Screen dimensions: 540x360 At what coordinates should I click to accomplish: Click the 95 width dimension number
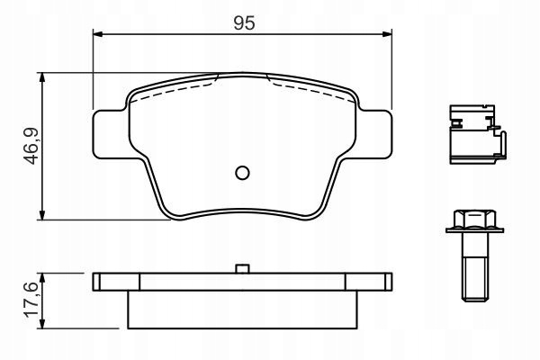[x=244, y=23]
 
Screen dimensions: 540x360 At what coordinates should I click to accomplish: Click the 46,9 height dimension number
[x=32, y=146]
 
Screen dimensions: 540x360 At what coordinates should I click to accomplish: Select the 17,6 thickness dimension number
[x=31, y=300]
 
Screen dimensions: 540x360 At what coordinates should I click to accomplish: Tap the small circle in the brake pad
[x=242, y=173]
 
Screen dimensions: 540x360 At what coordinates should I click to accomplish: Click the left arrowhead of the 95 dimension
[x=98, y=34]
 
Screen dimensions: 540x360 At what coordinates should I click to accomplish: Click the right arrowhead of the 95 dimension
[x=387, y=34]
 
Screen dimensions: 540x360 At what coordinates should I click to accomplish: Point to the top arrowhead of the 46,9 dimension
[x=42, y=77]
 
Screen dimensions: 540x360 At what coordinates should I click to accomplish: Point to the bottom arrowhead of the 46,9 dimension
[x=42, y=215]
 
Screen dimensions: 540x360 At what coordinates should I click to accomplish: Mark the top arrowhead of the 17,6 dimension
[x=42, y=278]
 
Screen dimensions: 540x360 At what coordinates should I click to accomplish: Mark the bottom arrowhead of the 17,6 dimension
[x=42, y=323]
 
